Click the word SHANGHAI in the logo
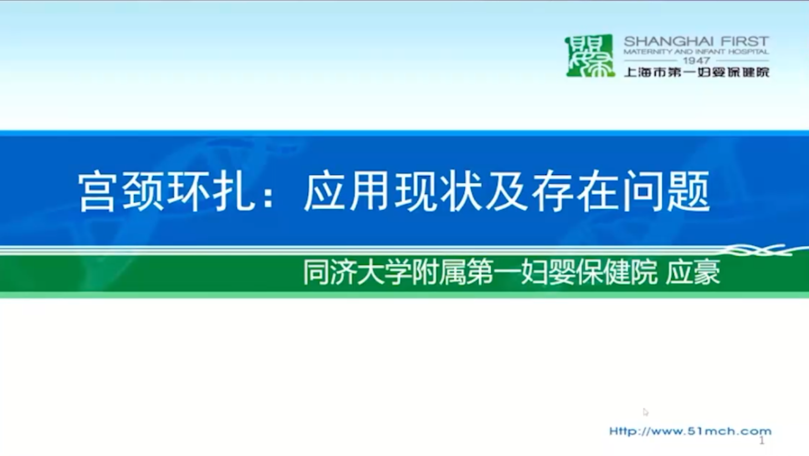[668, 41]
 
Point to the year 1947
[697, 60]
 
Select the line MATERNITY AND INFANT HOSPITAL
[697, 51]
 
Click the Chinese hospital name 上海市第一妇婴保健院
[697, 72]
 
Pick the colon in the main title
[268, 195]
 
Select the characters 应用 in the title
[346, 192]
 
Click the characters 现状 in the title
[438, 192]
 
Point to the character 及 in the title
[506, 192]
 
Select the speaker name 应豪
[693, 272]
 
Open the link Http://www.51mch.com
[690, 431]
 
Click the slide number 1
[762, 440]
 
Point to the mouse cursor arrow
[646, 412]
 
